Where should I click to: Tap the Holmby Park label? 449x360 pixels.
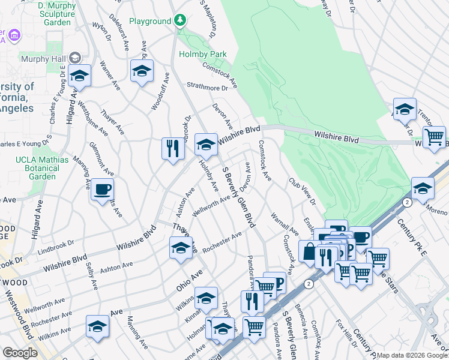pos(203,54)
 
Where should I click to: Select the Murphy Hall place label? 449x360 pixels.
pos(41,58)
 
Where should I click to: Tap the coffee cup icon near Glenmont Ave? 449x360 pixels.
pos(101,190)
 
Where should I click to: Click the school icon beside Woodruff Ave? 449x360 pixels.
pos(142,71)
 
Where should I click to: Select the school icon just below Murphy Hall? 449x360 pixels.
pos(79,76)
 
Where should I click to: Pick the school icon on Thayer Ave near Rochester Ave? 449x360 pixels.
pos(181,247)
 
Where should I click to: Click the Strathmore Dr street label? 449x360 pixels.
pos(208,88)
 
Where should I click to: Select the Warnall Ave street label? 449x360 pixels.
pos(285,223)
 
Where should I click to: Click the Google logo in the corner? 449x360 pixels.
pos(20,353)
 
